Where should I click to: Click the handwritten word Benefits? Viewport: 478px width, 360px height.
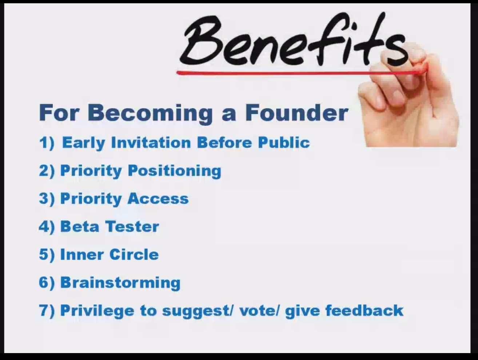click(x=294, y=39)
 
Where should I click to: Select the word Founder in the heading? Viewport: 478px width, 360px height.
click(x=296, y=113)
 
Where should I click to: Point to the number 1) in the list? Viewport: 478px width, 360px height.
click(x=47, y=143)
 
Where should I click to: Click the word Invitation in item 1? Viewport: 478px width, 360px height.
click(x=151, y=143)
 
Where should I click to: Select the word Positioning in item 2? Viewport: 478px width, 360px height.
click(x=175, y=171)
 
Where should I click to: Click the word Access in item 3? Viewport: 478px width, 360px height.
click(x=158, y=198)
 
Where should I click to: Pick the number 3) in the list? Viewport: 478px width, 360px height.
click(x=47, y=199)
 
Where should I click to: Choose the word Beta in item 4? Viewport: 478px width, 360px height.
click(x=80, y=226)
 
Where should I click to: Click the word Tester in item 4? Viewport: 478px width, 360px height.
click(x=132, y=226)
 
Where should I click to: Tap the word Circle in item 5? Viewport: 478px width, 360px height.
click(x=134, y=254)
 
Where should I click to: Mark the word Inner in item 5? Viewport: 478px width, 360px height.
click(x=82, y=254)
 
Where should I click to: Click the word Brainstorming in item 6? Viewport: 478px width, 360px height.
click(x=120, y=283)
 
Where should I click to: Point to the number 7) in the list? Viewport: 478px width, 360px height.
click(x=47, y=310)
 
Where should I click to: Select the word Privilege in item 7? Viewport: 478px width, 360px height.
click(x=97, y=311)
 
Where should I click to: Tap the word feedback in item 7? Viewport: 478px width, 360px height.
click(x=365, y=310)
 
